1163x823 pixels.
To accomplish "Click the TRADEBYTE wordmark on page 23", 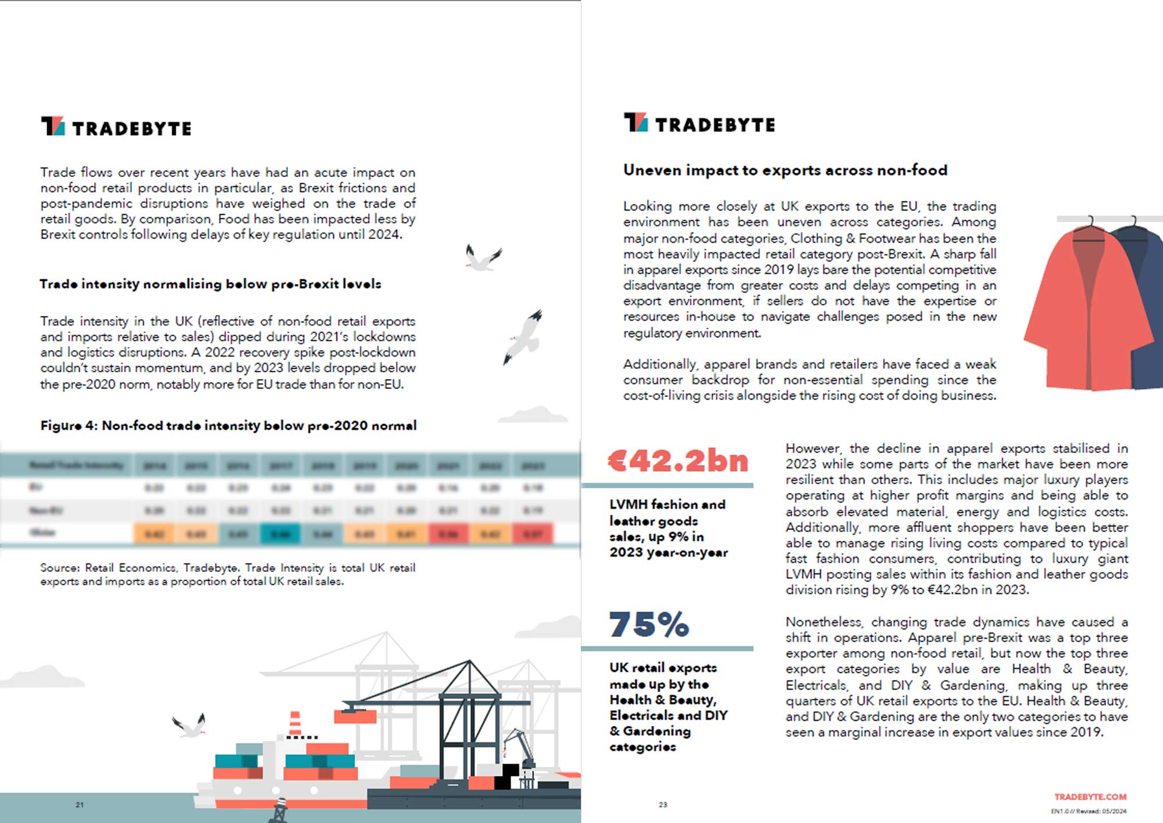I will pyautogui.click(x=715, y=125).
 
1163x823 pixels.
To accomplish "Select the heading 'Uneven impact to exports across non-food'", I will pyautogui.click(x=785, y=170).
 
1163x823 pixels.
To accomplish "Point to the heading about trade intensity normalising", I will pyautogui.click(x=210, y=284).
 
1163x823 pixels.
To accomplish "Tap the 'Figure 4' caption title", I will pyautogui.click(x=228, y=425).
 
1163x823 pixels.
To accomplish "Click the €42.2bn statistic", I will pyautogui.click(x=677, y=461).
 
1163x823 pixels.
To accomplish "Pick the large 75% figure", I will pyautogui.click(x=649, y=625).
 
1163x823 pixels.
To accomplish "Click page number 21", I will pyautogui.click(x=80, y=805).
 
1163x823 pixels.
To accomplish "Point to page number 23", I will pyautogui.click(x=663, y=805).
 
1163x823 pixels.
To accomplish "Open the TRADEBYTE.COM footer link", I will pyautogui.click(x=1090, y=797).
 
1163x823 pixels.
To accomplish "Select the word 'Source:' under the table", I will pyautogui.click(x=59, y=568).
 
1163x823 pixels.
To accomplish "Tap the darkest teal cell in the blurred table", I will pyautogui.click(x=280, y=533).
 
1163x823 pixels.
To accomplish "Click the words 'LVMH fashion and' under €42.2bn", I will pyautogui.click(x=667, y=504).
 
